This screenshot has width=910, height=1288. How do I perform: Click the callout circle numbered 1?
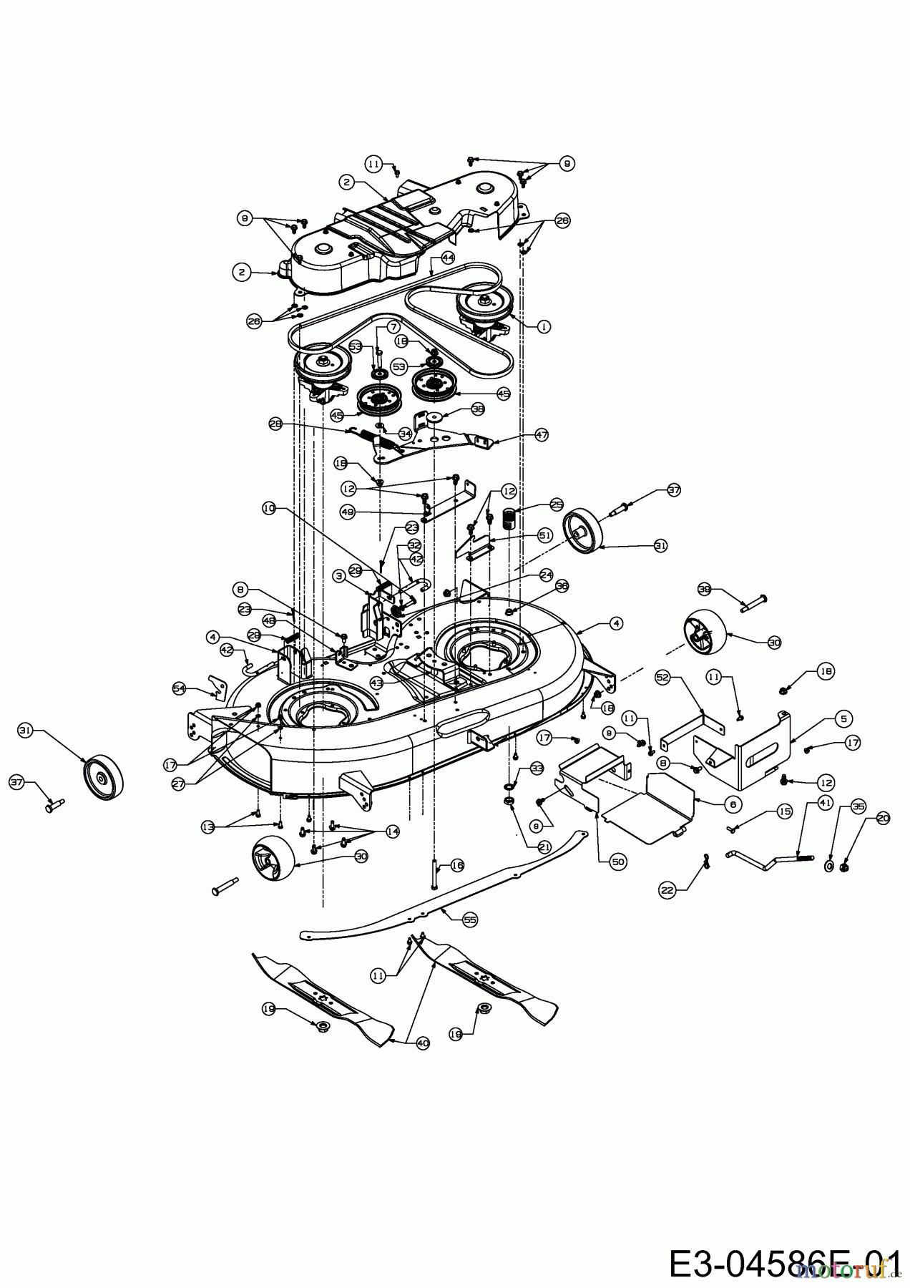coord(544,326)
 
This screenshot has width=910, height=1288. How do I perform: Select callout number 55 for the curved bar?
coord(470,919)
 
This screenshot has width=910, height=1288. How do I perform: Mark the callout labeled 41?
coord(824,804)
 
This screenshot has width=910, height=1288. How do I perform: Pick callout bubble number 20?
coord(883,819)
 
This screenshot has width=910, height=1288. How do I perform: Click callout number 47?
coord(542,434)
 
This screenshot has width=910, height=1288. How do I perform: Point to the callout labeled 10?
coord(268,508)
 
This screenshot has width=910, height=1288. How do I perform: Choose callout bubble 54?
coord(179,688)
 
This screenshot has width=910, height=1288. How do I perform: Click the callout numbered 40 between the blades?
coord(423,1043)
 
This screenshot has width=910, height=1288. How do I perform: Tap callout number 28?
coord(275,424)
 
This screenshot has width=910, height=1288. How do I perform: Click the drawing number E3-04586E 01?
coord(783,1263)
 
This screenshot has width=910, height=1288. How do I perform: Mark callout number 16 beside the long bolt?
coord(457,865)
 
